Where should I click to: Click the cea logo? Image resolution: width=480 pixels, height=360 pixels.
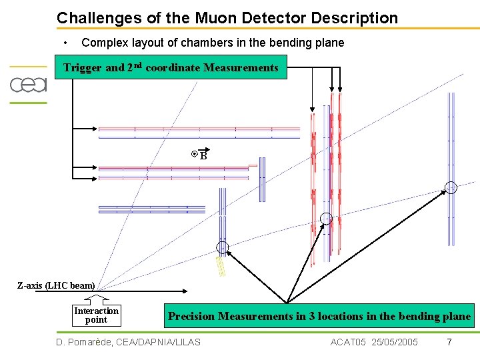[28, 85]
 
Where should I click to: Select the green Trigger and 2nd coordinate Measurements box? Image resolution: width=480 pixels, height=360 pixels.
[171, 67]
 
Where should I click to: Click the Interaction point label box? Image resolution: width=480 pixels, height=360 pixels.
[97, 315]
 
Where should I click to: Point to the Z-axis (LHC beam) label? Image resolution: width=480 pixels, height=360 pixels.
[56, 286]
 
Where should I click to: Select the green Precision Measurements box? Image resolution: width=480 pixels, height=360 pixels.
[319, 317]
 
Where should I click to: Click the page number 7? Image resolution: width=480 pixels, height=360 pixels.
[449, 342]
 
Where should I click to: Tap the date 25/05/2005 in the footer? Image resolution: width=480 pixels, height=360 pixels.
[395, 342]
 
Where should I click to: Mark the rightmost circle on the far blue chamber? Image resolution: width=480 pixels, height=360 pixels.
[451, 187]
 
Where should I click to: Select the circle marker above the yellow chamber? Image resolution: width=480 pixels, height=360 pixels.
[223, 248]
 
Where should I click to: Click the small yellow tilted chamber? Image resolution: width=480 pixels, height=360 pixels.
[221, 266]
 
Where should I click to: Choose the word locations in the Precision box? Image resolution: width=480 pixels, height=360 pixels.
[349, 317]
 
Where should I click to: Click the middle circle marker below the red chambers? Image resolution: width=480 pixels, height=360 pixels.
[326, 219]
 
